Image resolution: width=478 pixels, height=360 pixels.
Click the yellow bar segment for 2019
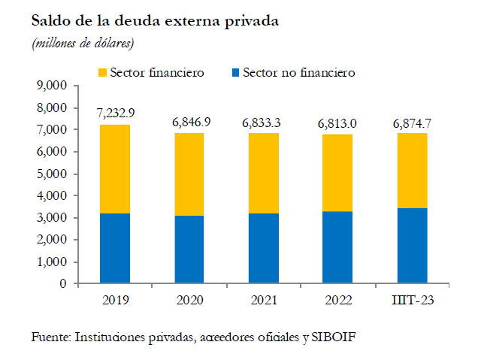point(115,169)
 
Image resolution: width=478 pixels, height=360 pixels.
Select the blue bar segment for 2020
point(189,250)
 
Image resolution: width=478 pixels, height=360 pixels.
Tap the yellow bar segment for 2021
point(264,173)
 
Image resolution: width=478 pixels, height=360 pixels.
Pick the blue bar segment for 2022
point(337,247)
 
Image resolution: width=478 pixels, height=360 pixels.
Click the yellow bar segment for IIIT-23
point(413,171)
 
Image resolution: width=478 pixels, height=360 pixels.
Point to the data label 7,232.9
point(116,113)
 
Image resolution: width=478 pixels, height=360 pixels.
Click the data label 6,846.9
point(191,123)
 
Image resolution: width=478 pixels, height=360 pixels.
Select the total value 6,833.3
point(262,123)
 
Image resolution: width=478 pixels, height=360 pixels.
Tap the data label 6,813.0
point(337,124)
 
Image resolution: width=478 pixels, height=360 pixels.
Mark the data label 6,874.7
point(412,123)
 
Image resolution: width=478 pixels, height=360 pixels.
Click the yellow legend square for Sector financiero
point(102,73)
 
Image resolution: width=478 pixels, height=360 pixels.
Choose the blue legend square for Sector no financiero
point(236,73)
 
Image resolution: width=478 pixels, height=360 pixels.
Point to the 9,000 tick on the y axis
point(52,86)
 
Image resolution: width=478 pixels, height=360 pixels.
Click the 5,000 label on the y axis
point(52,174)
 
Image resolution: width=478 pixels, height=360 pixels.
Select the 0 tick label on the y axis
point(63,283)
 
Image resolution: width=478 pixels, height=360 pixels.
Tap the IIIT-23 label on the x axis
point(413,301)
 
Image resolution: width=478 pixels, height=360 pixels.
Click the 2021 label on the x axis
point(264,301)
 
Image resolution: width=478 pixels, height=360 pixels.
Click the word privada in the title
point(252,21)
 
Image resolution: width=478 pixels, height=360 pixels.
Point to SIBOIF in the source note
point(334,337)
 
